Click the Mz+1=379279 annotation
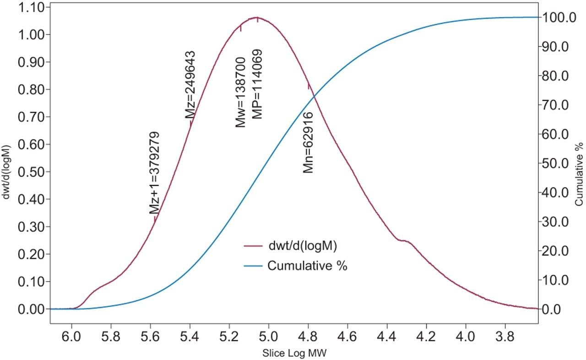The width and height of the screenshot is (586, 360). [x=155, y=173]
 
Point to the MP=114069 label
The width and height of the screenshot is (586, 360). [x=258, y=84]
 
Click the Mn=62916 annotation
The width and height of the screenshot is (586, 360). [x=309, y=142]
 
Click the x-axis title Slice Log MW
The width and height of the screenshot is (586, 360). [x=294, y=354]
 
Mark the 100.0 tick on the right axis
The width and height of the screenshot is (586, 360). [x=558, y=17]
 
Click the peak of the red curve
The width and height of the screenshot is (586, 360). [x=257, y=18]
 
